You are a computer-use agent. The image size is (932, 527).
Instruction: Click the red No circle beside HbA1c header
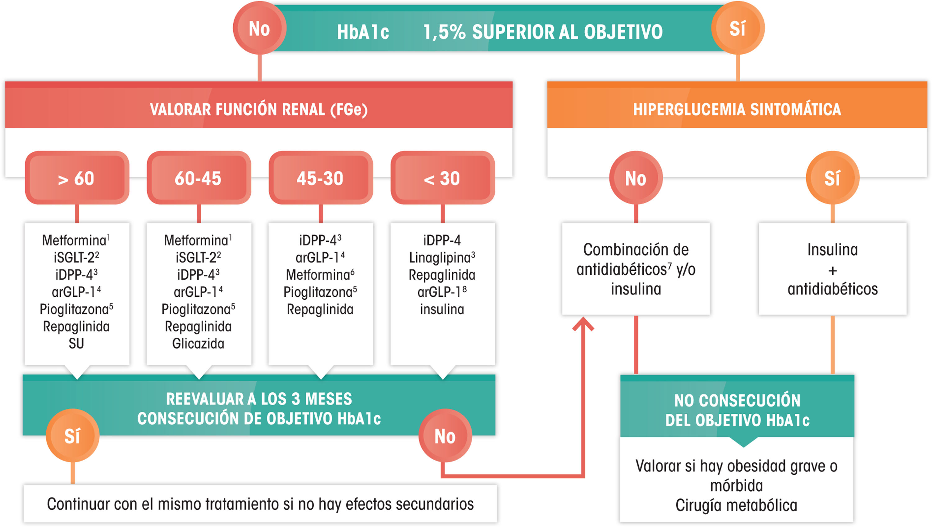click(259, 28)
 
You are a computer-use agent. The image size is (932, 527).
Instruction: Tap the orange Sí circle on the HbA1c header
click(738, 28)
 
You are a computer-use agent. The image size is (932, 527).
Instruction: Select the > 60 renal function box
click(77, 178)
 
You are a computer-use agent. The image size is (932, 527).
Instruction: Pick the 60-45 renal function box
click(199, 178)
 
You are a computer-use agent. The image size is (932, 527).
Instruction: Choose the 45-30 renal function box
click(320, 178)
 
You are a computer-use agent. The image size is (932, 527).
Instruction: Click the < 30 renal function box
click(442, 178)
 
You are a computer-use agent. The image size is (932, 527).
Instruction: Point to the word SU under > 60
click(76, 344)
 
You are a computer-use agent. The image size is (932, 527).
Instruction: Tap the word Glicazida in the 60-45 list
click(198, 344)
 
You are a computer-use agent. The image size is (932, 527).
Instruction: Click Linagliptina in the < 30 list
click(441, 258)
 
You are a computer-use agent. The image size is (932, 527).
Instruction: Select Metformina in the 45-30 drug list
click(318, 275)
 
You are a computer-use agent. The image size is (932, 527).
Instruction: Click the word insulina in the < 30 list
click(442, 309)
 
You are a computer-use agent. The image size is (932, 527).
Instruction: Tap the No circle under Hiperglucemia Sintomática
click(636, 178)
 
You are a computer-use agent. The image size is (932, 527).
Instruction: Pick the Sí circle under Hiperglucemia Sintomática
click(832, 178)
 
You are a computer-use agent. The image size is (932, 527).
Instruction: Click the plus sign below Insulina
click(832, 270)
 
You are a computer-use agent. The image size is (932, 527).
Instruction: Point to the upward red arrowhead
click(583, 323)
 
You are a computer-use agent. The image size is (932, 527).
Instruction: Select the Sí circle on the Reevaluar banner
click(72, 436)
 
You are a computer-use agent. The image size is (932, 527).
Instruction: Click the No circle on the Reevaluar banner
click(445, 436)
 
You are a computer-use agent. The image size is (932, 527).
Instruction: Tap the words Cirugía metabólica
click(736, 505)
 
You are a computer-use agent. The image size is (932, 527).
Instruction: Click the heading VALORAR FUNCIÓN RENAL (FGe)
click(258, 109)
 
